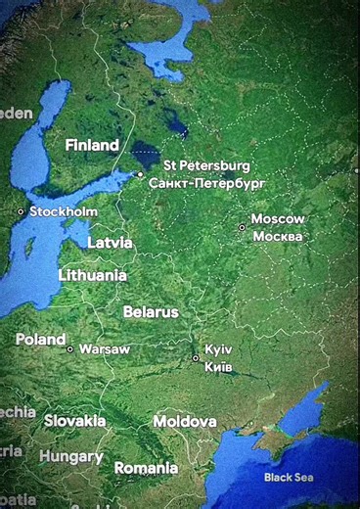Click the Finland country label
[92, 145]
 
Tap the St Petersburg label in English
[206, 165]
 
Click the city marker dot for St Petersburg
[141, 175]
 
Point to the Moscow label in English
[278, 219]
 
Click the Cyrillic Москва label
[278, 236]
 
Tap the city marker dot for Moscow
[243, 228]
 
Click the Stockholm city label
[64, 211]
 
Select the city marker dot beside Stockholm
[21, 211]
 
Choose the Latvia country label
[110, 243]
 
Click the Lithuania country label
[92, 275]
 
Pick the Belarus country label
[151, 312]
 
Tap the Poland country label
[40, 340]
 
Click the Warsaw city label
[104, 348]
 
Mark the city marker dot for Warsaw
[69, 349]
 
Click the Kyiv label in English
[218, 349]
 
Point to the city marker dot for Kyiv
[196, 358]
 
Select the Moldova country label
[184, 421]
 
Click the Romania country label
[146, 468]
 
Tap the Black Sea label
[290, 478]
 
